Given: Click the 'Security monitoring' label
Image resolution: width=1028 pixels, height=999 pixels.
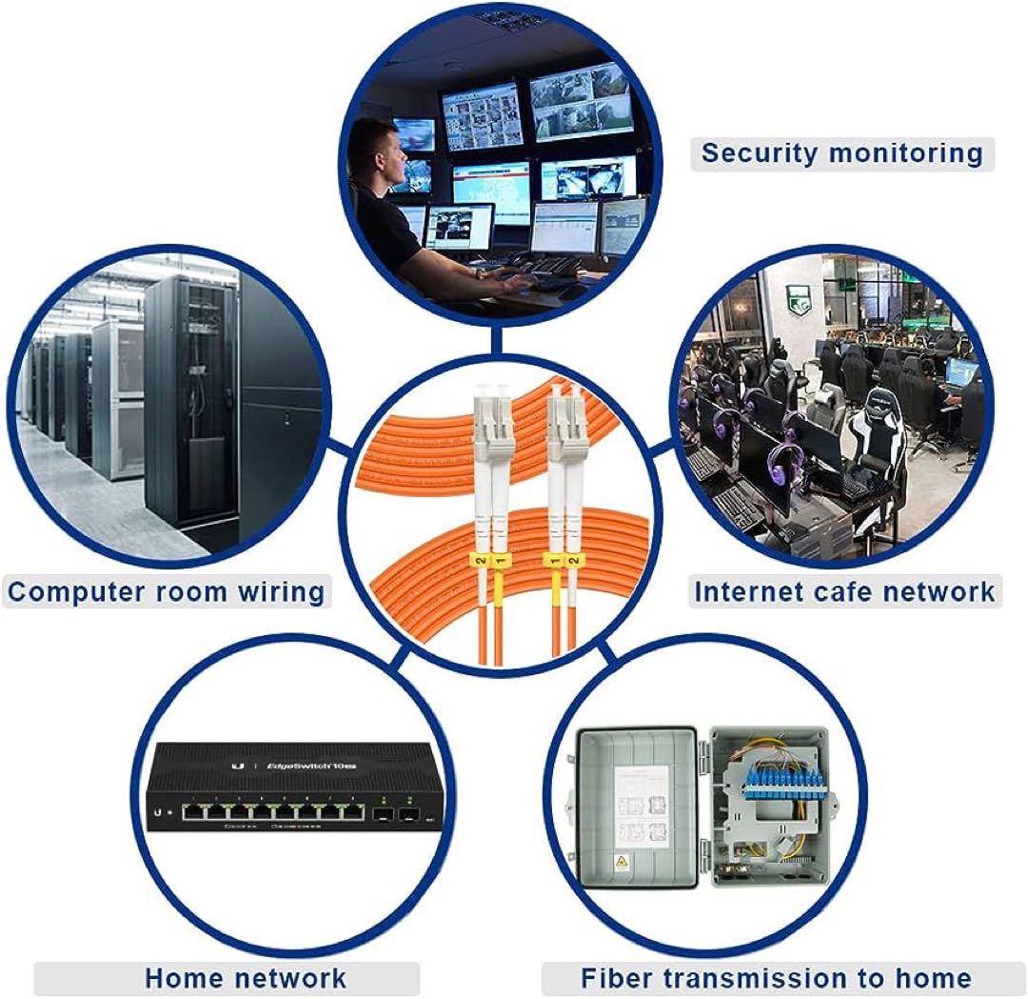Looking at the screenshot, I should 841,152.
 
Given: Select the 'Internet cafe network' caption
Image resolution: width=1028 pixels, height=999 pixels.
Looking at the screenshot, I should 843,590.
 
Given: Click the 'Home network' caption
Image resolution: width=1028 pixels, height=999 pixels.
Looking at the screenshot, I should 246,977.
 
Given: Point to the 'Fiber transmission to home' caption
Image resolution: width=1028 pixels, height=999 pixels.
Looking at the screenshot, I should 775,977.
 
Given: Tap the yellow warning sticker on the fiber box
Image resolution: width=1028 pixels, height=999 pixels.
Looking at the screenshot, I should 623,863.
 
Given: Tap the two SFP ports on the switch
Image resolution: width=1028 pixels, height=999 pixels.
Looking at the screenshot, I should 397,815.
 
